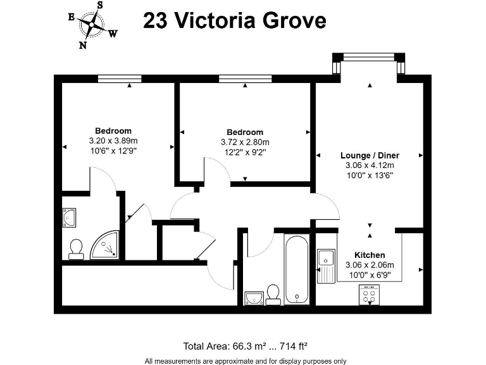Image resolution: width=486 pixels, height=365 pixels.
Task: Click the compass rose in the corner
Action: (92, 25)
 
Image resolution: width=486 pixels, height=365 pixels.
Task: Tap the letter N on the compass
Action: (83, 46)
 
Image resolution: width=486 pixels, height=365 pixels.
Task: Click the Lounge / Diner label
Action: (370, 155)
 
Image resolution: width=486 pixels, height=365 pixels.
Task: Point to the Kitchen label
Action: (370, 255)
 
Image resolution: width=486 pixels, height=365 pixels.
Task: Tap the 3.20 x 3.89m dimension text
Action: (113, 141)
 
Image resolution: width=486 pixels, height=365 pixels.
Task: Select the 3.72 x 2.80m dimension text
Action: (245, 142)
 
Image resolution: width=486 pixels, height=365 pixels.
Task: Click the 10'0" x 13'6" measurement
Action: (370, 176)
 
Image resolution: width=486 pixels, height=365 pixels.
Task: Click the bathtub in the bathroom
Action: (297, 269)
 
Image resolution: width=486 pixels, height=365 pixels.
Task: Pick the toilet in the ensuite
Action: (76, 249)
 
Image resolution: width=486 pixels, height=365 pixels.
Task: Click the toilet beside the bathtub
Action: (273, 295)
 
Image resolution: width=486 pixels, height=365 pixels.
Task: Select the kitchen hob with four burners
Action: (369, 295)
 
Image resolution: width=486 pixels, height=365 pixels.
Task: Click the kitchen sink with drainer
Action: (326, 266)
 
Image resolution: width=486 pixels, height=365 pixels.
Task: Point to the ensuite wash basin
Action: (69, 217)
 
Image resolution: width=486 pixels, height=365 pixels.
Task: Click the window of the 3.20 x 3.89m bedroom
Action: (120, 79)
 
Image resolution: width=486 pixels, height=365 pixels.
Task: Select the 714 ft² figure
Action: (293, 346)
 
